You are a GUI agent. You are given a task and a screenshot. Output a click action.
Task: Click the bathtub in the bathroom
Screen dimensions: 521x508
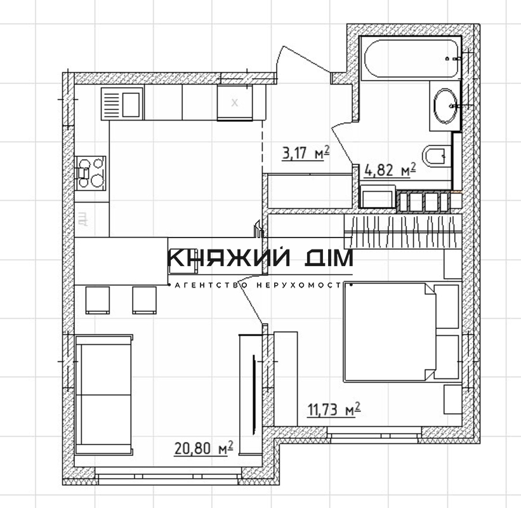[411, 58]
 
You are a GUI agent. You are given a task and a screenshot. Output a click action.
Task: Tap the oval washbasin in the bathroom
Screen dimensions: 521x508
[445, 105]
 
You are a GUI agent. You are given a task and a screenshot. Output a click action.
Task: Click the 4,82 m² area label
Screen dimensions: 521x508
[390, 170]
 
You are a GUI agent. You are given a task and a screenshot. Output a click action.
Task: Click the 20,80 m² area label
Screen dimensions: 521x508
[203, 448]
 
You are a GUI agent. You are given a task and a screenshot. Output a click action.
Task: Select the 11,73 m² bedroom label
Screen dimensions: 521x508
[334, 410]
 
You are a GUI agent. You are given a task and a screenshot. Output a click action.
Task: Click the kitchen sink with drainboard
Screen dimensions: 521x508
[122, 104]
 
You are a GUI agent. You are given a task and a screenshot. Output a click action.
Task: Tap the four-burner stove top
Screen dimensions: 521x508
[90, 173]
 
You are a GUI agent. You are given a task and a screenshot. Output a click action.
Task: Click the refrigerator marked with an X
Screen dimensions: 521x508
[235, 102]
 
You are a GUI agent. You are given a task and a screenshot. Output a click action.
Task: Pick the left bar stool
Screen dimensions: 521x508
[98, 300]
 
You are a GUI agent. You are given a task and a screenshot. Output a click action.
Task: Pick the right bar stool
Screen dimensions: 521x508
[145, 300]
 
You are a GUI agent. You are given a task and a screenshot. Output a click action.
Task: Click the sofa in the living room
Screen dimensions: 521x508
[104, 394]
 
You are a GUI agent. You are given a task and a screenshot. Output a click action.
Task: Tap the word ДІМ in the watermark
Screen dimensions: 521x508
[329, 258]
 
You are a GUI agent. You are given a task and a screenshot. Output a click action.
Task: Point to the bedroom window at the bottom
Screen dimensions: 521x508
[374, 435]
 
